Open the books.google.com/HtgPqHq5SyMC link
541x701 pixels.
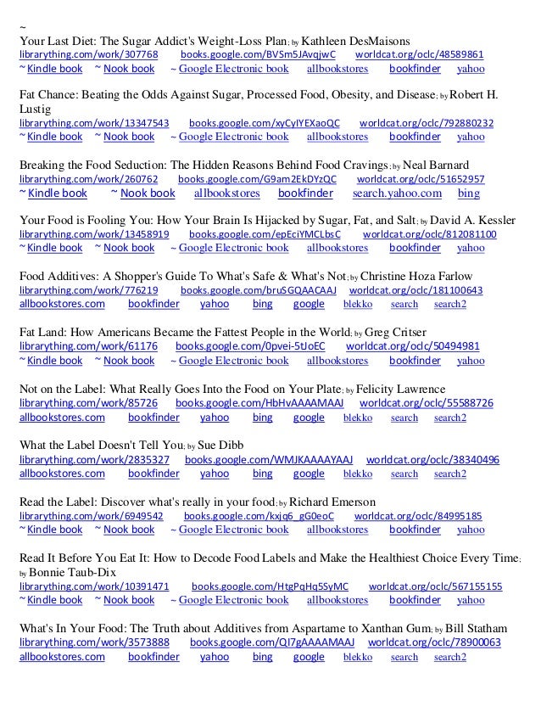click(x=270, y=586)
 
